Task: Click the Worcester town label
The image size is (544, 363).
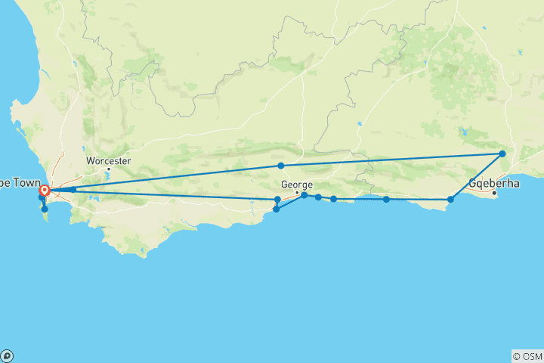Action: click(x=109, y=160)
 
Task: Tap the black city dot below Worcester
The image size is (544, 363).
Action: click(x=109, y=169)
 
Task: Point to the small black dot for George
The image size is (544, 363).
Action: click(x=297, y=192)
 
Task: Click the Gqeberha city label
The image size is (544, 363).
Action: click(x=494, y=182)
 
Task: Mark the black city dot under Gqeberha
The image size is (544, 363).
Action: click(x=494, y=193)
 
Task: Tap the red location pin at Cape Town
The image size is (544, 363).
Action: click(x=45, y=191)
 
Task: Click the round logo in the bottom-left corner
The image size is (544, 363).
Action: click(x=7, y=355)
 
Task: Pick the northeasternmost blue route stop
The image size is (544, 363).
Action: click(x=502, y=154)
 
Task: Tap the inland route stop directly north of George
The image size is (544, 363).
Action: click(x=280, y=166)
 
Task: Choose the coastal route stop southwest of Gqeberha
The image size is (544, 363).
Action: click(x=450, y=200)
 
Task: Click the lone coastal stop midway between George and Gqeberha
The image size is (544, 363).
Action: click(x=386, y=200)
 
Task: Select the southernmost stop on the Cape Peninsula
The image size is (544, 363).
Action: click(x=45, y=209)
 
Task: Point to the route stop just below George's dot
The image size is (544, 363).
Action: click(x=304, y=195)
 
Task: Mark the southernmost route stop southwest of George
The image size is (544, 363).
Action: click(x=277, y=209)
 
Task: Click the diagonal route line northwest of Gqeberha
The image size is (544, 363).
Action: click(x=476, y=177)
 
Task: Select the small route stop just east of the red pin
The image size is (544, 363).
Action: click(x=73, y=189)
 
